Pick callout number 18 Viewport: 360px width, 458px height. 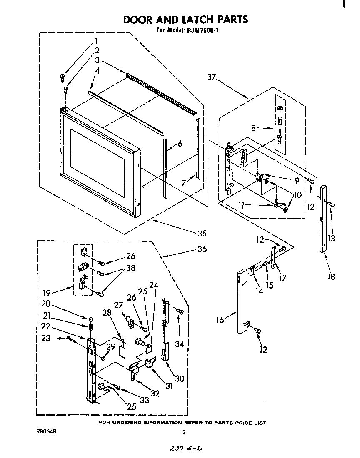pyautogui.click(x=331, y=276)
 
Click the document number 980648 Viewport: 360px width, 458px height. pyautogui.click(x=45, y=431)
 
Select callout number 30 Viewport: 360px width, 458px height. pyautogui.click(x=180, y=378)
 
